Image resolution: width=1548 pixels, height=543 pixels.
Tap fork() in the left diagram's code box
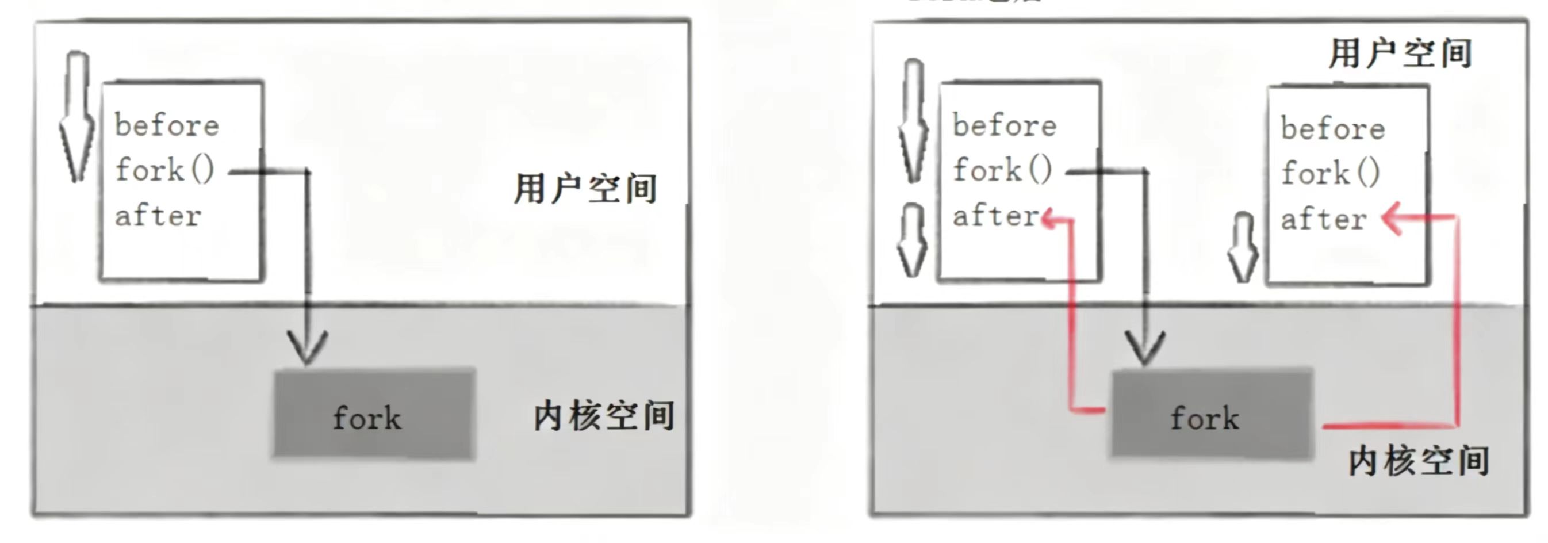164,170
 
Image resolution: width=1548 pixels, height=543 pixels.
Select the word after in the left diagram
158,216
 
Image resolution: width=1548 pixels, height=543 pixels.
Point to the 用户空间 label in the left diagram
585,189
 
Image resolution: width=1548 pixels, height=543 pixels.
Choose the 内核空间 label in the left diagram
604,416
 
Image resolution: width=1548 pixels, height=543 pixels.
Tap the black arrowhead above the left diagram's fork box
307,347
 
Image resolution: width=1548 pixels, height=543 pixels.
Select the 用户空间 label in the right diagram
1400,53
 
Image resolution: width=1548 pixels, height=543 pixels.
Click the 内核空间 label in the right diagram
1419,461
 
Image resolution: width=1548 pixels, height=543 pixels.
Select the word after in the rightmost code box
1323,220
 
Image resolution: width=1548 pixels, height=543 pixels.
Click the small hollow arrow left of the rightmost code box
1242,248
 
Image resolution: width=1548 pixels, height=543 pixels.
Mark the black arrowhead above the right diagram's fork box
1145,347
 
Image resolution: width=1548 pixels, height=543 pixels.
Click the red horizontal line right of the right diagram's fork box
1388,426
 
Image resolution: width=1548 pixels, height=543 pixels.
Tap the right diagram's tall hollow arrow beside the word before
913,120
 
